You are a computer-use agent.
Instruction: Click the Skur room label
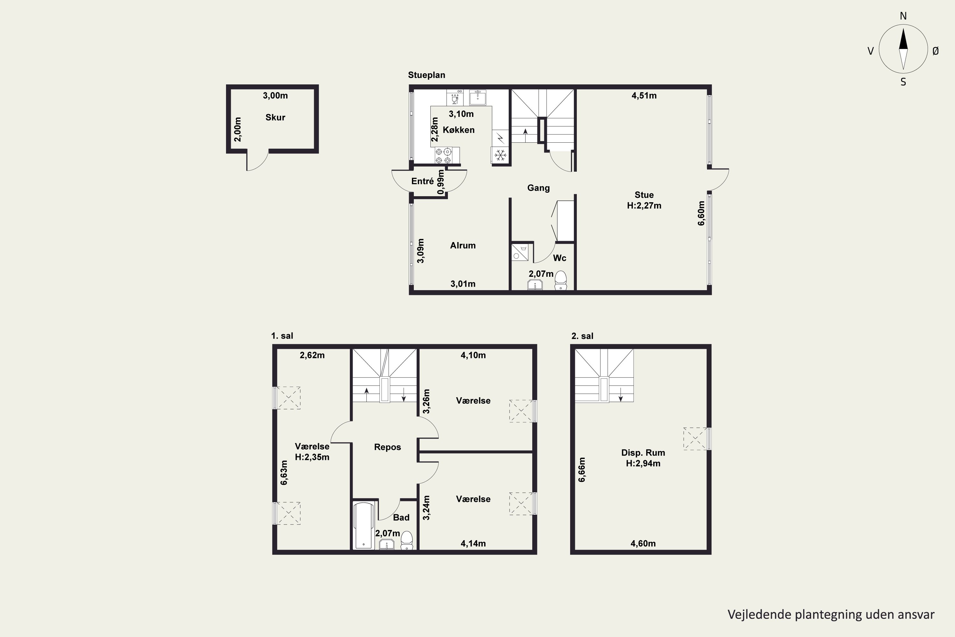(x=275, y=118)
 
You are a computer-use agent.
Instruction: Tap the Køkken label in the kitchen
(x=458, y=130)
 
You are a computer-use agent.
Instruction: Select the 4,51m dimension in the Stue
(x=644, y=96)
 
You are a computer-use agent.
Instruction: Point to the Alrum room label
(x=463, y=245)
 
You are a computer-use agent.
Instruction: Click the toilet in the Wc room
(x=561, y=280)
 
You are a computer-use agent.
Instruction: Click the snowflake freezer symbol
(x=500, y=155)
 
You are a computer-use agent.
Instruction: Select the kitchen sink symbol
(x=478, y=97)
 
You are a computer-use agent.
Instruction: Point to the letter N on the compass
(x=903, y=16)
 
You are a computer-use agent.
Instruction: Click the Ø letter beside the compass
(x=936, y=51)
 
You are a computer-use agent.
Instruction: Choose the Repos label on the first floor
(x=387, y=447)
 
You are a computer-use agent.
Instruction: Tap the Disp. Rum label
(x=643, y=453)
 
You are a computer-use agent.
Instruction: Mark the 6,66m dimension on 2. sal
(x=582, y=469)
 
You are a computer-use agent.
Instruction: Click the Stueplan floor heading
(x=426, y=75)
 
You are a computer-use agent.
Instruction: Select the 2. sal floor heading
(x=582, y=336)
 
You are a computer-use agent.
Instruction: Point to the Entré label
(x=422, y=181)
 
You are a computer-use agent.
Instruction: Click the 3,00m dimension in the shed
(x=275, y=96)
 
